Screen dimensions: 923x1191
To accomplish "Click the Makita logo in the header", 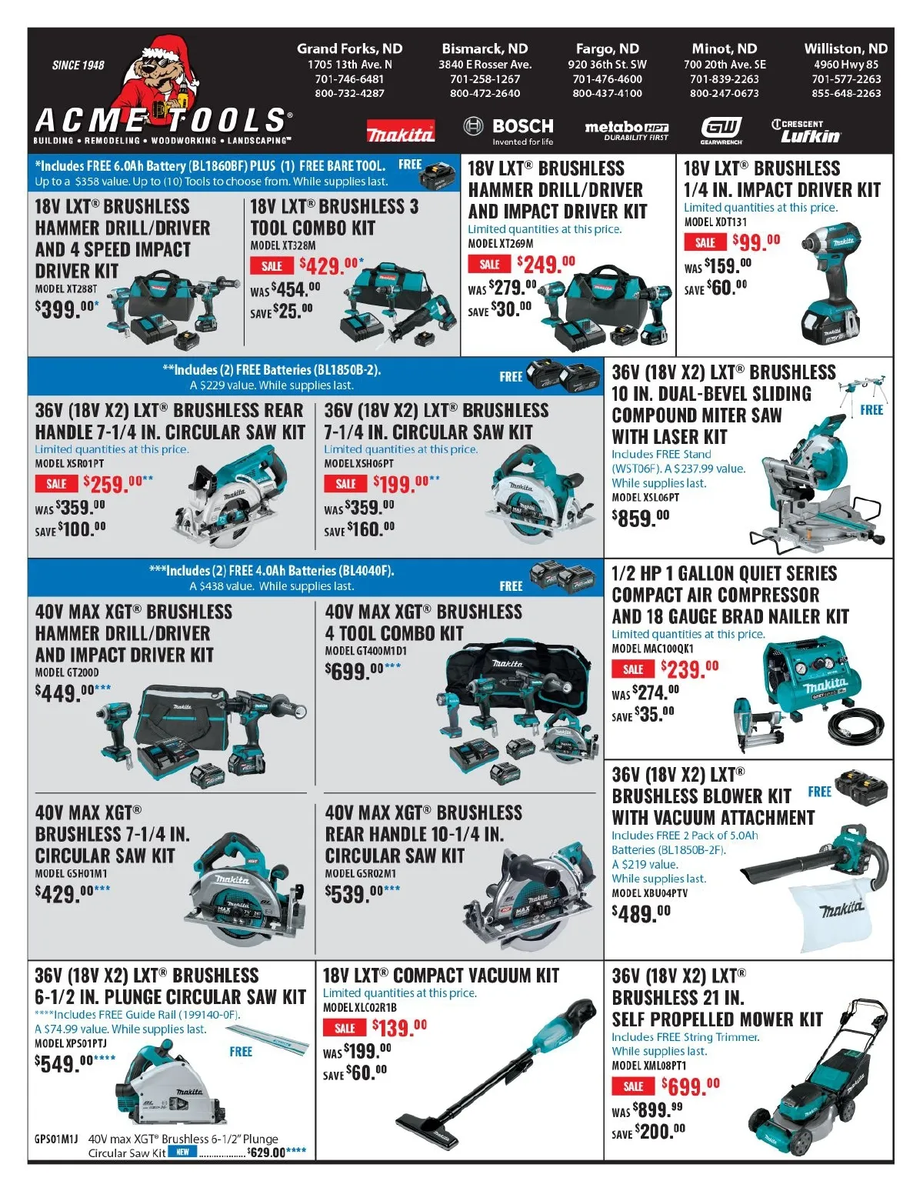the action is pos(401,131).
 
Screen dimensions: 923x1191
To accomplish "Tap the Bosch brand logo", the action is pos(508,131).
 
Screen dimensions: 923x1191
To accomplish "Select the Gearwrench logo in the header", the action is pos(721,131).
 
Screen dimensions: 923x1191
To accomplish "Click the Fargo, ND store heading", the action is pos(607,48).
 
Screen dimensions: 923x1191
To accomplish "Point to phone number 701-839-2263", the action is pos(724,79).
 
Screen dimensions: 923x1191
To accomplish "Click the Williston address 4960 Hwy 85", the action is pos(846,64).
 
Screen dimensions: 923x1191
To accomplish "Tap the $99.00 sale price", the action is pos(756,241).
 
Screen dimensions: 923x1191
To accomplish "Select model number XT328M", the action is pos(282,245).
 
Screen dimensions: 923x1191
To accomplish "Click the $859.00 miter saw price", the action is pos(641,518).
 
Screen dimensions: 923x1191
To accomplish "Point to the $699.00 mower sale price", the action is pos(690,1086).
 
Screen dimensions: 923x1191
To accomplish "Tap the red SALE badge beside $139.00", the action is pos(345,1029).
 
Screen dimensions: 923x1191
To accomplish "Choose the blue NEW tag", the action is pos(182,1152).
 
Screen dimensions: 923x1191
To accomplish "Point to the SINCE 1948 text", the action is pos(78,65).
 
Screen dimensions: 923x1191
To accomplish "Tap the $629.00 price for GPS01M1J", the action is pos(266,1153).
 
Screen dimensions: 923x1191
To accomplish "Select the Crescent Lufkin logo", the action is pos(806,131).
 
